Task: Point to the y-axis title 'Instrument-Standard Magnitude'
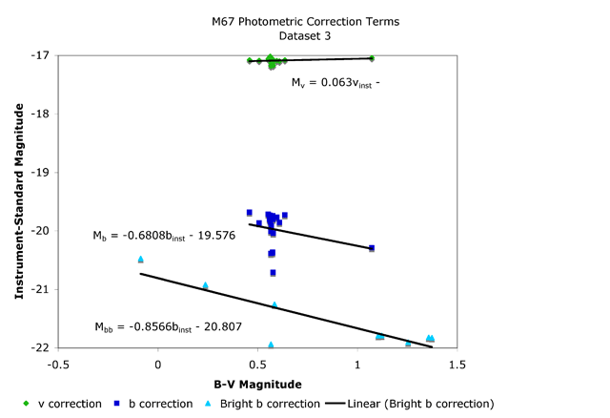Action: click(x=19, y=201)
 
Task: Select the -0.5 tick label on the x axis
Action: click(x=59, y=364)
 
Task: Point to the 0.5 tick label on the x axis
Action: click(x=258, y=364)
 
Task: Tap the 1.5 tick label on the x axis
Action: click(x=457, y=364)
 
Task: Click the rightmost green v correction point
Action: click(x=372, y=58)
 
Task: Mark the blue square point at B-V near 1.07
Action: click(x=372, y=248)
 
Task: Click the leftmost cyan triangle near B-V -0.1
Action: click(x=140, y=259)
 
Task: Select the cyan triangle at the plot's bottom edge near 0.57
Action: click(x=271, y=345)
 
